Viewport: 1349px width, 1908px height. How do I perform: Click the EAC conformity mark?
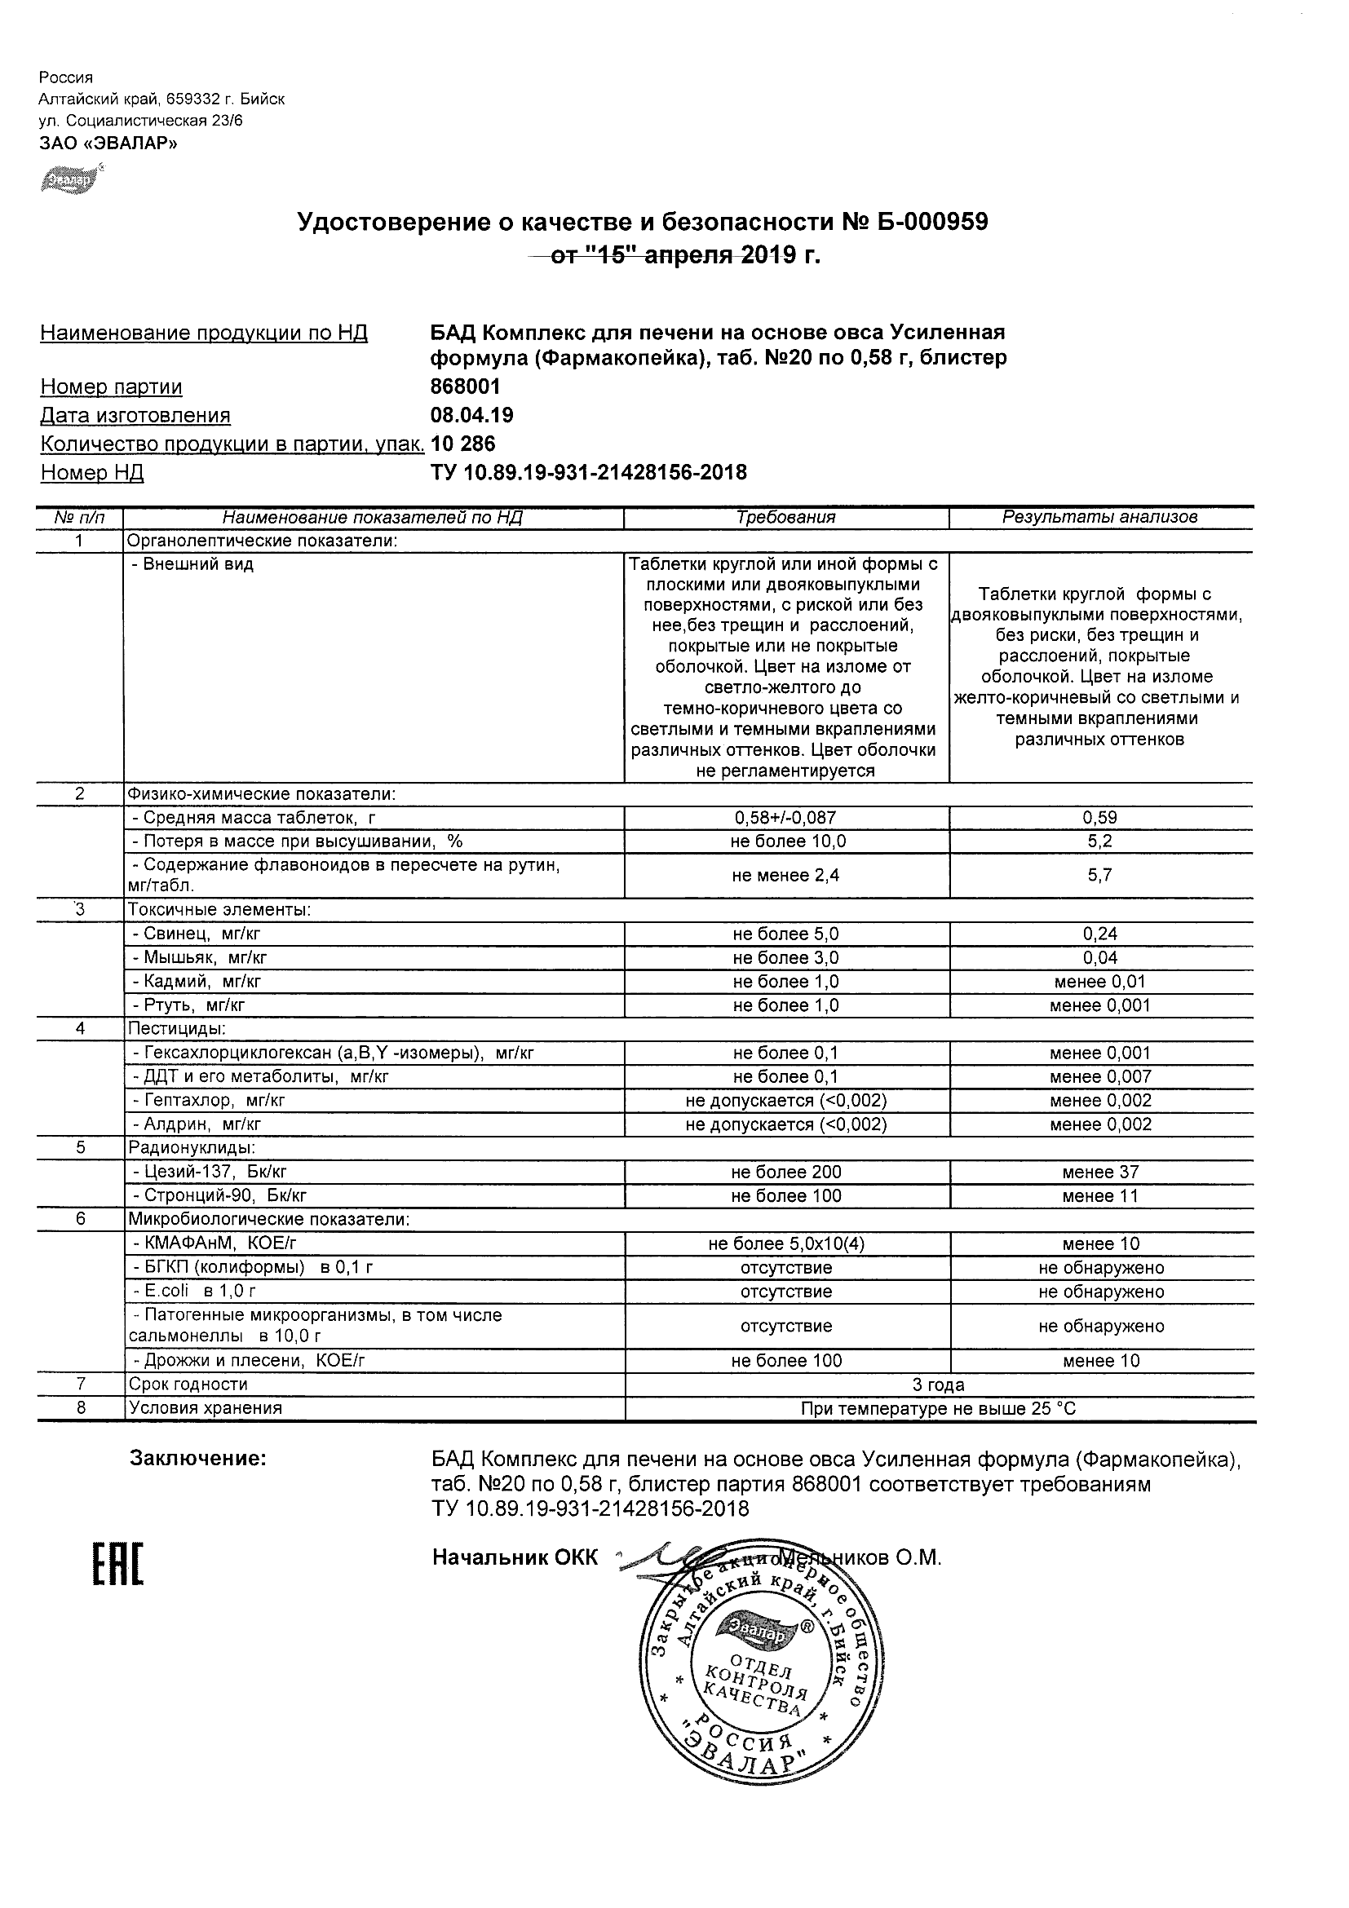click(x=117, y=1565)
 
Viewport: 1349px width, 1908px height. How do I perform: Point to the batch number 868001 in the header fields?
click(x=466, y=386)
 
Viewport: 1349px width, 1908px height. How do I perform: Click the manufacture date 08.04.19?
click(x=471, y=415)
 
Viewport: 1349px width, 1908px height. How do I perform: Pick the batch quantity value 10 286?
click(x=463, y=444)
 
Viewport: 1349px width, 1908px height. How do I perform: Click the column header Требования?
click(x=785, y=517)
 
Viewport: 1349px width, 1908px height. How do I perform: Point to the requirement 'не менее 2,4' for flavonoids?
click(x=785, y=875)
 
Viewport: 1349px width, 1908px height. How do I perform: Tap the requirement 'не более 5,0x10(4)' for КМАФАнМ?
click(x=785, y=1244)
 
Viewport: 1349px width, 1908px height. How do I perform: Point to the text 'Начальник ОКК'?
click(x=515, y=1557)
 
